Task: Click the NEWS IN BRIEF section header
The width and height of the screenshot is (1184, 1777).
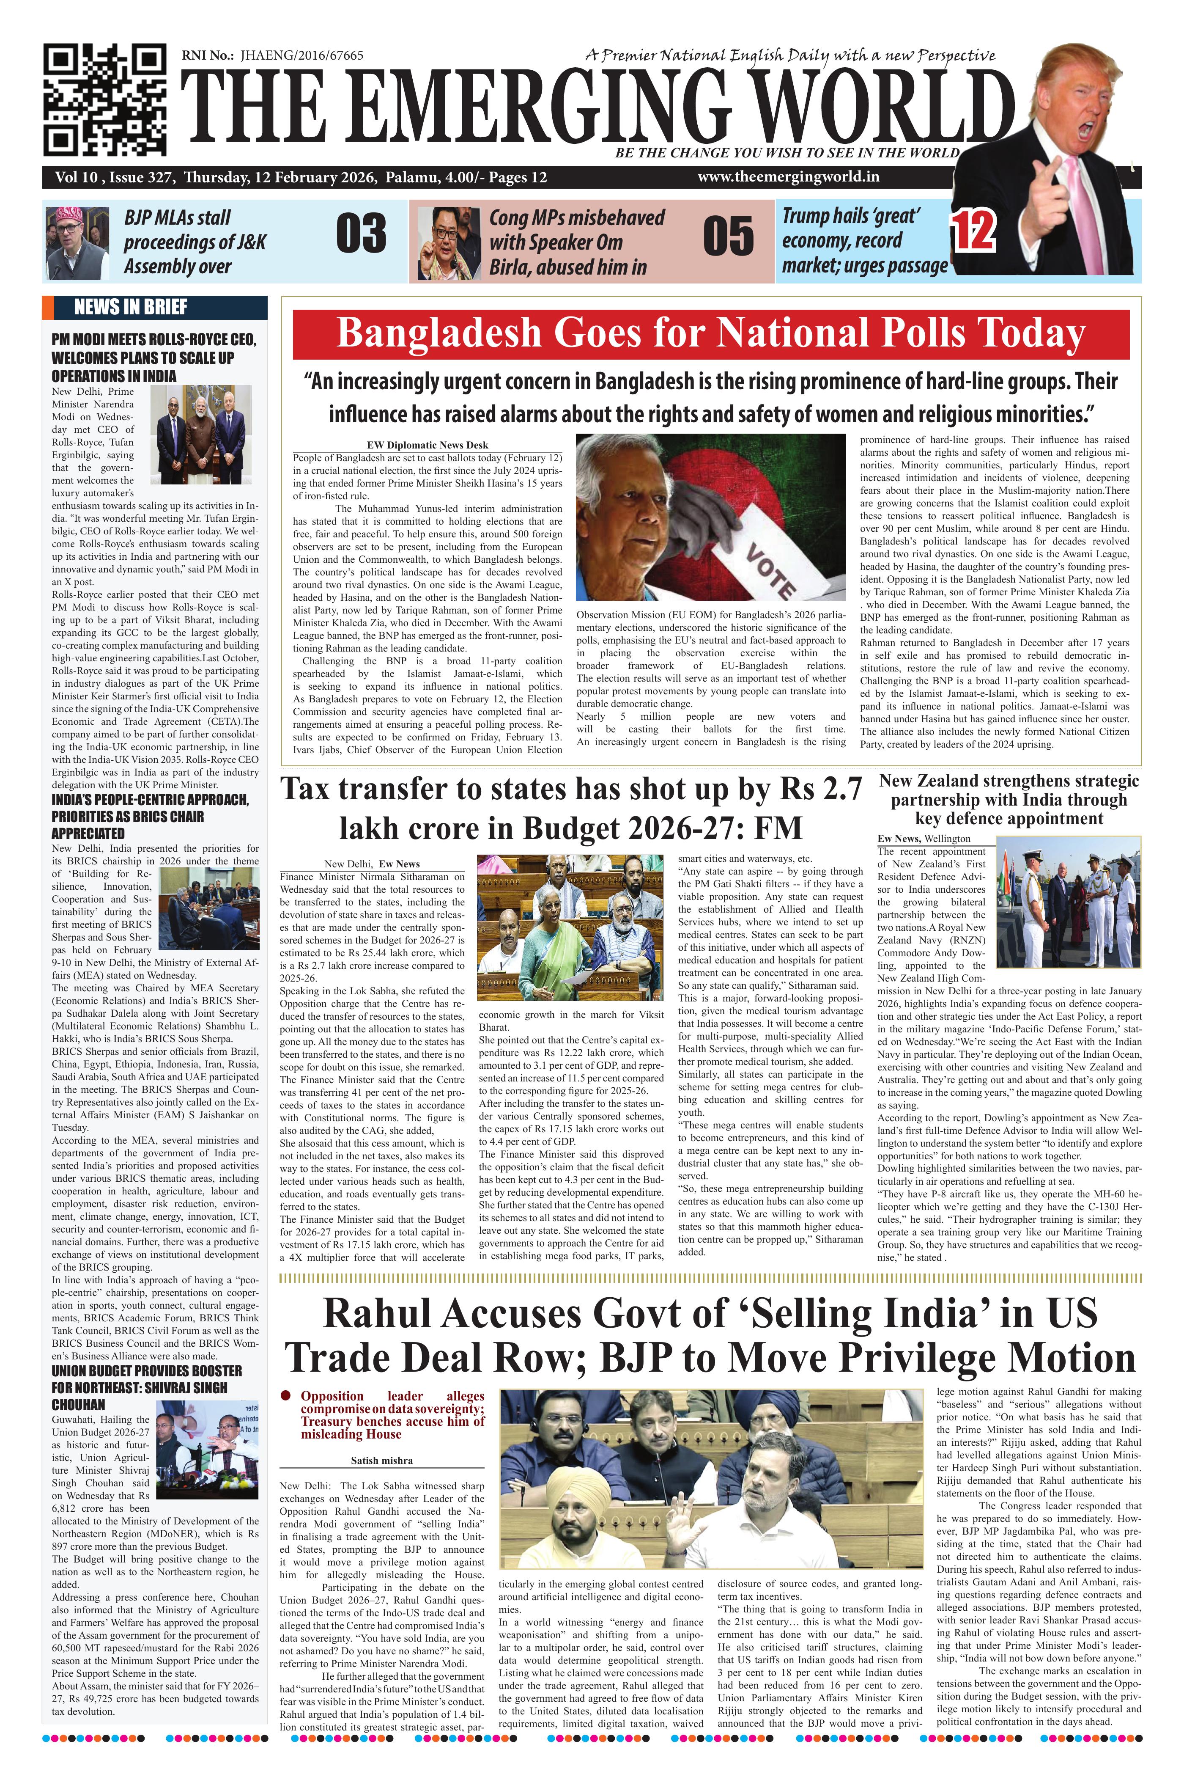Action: (131, 307)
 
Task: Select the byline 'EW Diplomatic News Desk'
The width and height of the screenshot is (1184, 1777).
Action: (428, 445)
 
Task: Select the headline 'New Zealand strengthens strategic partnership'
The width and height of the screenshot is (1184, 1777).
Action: (1009, 799)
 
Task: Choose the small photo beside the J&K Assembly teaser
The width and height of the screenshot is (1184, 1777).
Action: (77, 242)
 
